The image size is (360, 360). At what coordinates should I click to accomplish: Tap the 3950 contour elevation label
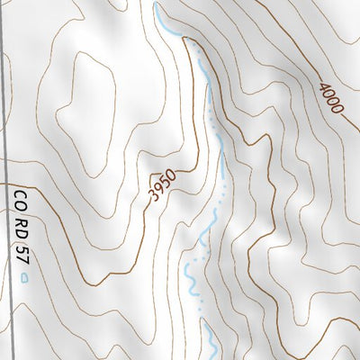tap(163, 184)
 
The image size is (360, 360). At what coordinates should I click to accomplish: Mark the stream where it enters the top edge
tap(156, 3)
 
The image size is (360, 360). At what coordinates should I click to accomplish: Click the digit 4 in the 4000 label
tap(322, 87)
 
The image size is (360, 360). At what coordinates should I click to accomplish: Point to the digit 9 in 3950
tap(159, 189)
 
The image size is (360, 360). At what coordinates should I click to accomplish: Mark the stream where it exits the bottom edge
tap(214, 357)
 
